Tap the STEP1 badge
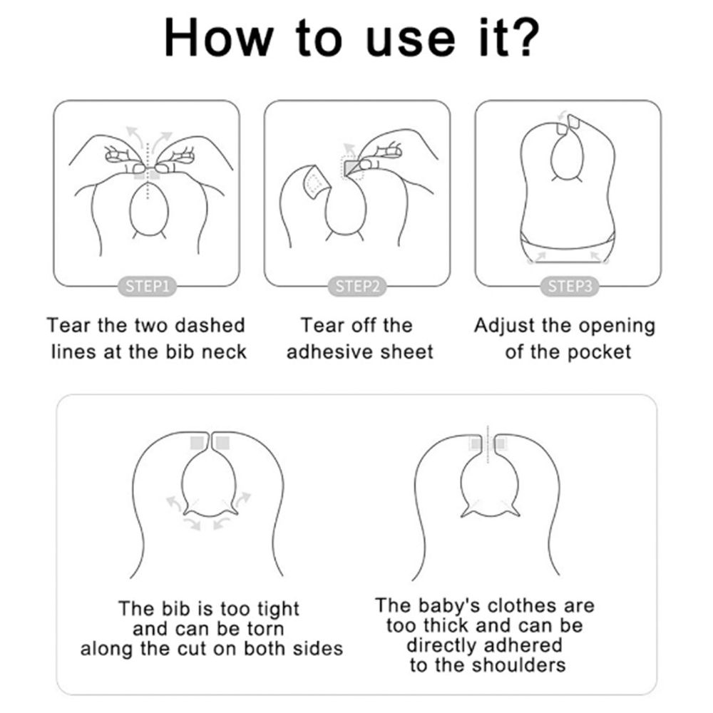[x=147, y=287]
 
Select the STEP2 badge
[x=357, y=287]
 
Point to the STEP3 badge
[x=569, y=287]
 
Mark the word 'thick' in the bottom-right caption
[x=440, y=626]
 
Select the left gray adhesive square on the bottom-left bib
[x=197, y=443]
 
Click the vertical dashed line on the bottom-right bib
[x=488, y=444]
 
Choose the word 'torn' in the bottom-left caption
[x=265, y=630]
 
